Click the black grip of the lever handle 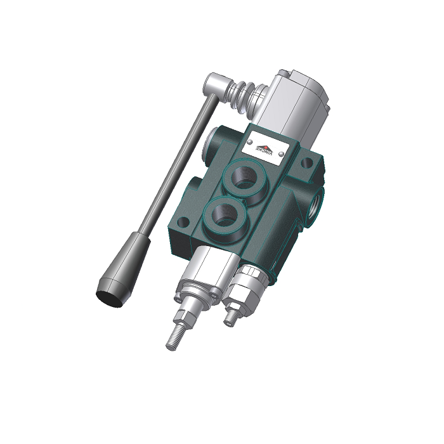(123, 266)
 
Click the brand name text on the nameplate (267, 153)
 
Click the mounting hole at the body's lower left (183, 223)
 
